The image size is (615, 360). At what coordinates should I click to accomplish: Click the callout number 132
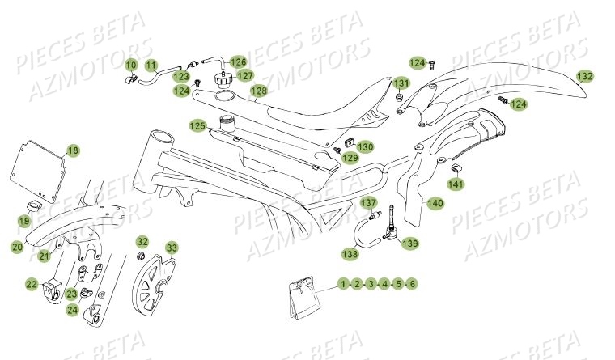(x=585, y=77)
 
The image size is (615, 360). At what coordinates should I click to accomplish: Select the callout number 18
(x=73, y=150)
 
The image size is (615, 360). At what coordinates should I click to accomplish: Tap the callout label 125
(x=197, y=126)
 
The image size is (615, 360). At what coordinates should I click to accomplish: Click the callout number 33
(x=171, y=248)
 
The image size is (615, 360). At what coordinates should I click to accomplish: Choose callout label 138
(x=349, y=254)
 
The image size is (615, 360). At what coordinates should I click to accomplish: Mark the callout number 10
(x=130, y=64)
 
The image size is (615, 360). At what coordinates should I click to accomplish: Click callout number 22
(x=31, y=284)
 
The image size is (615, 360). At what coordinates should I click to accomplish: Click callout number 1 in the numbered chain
(x=343, y=284)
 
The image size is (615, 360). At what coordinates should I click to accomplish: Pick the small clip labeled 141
(x=456, y=167)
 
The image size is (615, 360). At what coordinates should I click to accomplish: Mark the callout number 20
(x=17, y=247)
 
